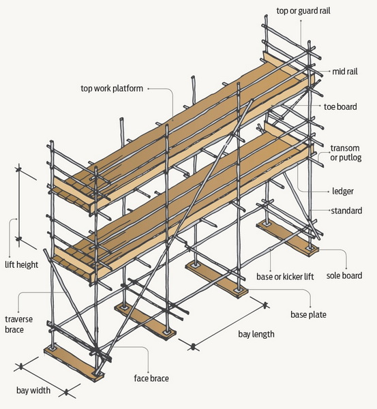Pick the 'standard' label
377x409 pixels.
[x=346, y=211]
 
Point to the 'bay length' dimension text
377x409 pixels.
[x=256, y=334]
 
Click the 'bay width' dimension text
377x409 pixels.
[x=33, y=391]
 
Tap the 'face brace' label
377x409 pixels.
[x=151, y=378]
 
